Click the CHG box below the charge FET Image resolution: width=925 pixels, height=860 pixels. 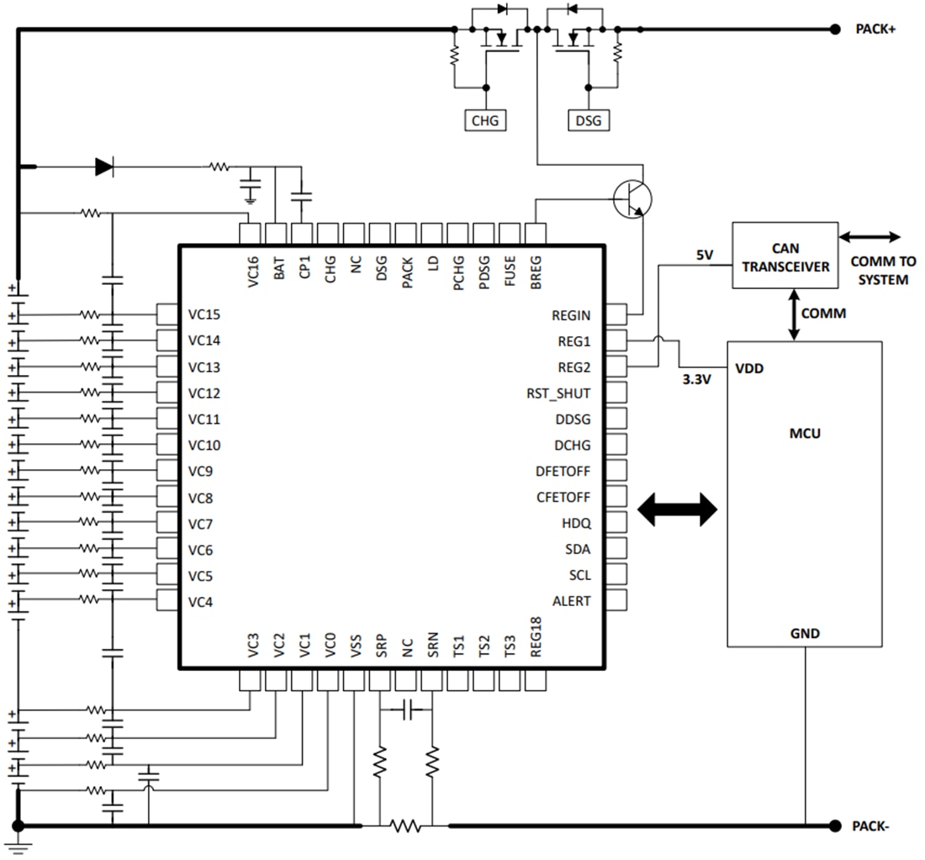484,120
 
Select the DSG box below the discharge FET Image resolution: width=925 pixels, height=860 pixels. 589,120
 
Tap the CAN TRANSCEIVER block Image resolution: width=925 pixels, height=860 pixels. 785,256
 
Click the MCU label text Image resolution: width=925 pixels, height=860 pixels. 805,434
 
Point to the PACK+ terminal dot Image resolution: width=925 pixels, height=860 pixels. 835,29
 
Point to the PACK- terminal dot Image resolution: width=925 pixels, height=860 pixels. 835,826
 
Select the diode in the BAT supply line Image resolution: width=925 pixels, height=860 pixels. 104,167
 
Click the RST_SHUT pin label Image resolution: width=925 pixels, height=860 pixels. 558,393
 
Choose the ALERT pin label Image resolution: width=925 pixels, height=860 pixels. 571,601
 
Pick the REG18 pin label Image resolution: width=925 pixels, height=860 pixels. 536,641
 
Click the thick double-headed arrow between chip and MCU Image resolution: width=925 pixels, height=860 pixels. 677,509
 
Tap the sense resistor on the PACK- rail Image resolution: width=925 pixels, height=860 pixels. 405,826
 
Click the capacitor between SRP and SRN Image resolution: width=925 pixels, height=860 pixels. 407,711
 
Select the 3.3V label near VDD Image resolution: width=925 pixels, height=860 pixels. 697,379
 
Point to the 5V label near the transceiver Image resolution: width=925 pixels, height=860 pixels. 706,254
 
